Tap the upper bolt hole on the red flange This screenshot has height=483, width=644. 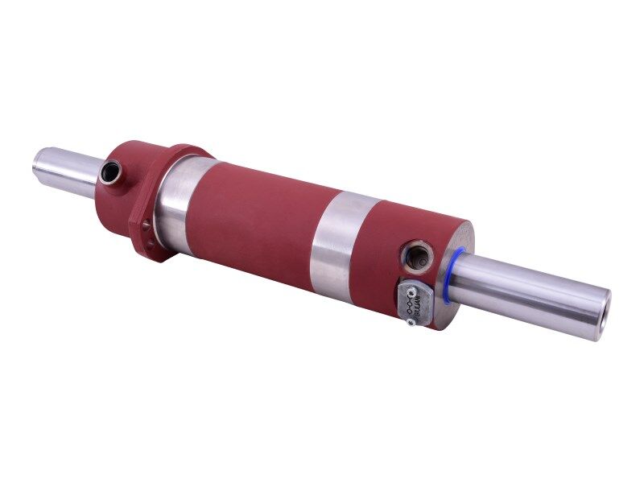146,227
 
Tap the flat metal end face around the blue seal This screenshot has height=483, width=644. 460,242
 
